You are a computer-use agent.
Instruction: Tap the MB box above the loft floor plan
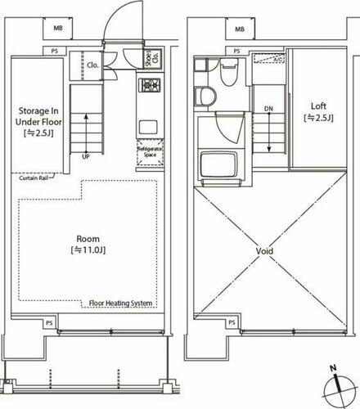240,29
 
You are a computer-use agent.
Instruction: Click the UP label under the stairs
86,156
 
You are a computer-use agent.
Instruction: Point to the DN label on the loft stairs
268,107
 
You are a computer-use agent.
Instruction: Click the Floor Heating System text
120,303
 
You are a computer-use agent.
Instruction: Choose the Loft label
319,111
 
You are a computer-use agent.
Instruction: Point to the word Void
263,251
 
